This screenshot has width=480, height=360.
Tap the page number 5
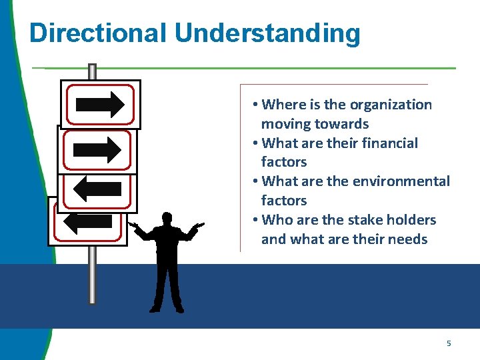[x=449, y=343]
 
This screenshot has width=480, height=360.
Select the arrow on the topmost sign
[x=100, y=104]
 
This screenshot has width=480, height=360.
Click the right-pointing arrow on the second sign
[x=97, y=150]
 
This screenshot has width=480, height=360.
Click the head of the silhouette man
[x=167, y=219]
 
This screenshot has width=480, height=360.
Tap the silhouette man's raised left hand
[x=198, y=226]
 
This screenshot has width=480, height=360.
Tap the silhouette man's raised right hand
[x=133, y=226]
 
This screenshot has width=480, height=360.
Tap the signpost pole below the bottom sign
[x=92, y=273]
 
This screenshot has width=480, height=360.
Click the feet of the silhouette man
[x=167, y=309]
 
